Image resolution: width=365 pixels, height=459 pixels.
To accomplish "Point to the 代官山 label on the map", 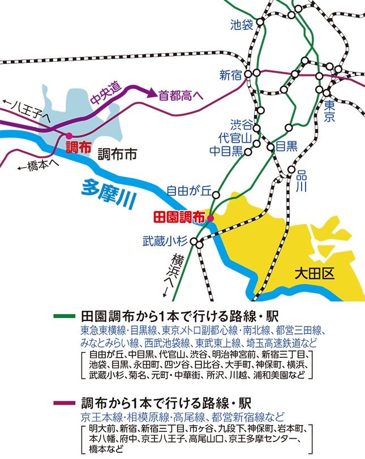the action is pos(235,138).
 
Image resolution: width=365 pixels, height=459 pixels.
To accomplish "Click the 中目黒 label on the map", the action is pos(226,151).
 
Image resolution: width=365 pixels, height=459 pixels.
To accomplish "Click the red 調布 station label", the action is pos(78,148).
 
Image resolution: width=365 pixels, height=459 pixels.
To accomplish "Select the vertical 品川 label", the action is pos(300,182).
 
